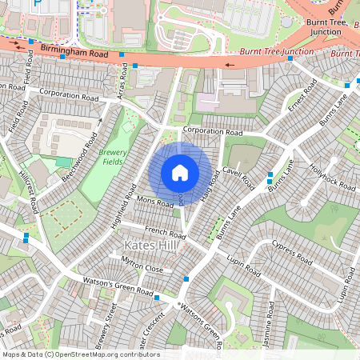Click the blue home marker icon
[x=180, y=172]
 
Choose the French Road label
[x=166, y=232]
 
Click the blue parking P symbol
[x=37, y=4]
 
